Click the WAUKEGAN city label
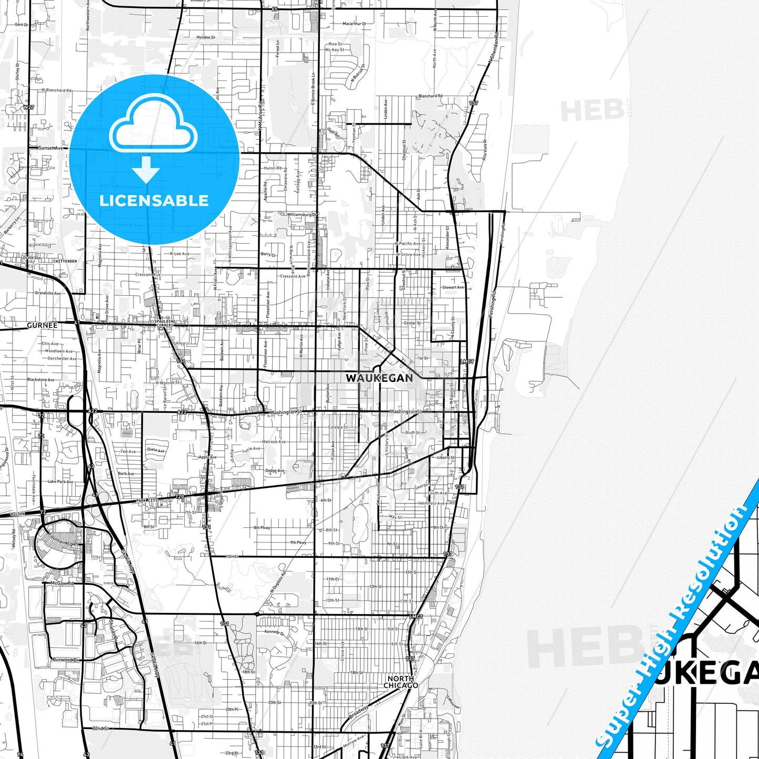click(379, 378)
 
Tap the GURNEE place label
click(42, 325)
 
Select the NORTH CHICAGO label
click(401, 682)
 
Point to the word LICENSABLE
click(154, 201)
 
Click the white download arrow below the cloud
click(146, 169)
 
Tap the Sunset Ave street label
click(50, 148)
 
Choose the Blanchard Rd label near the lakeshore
click(430, 96)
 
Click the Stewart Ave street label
click(453, 287)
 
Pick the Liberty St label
click(446, 458)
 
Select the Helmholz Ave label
click(431, 503)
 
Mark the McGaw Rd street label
click(62, 583)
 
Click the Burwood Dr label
click(65, 659)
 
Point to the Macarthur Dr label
click(355, 24)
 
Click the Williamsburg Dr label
click(302, 214)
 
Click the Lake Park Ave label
click(60, 481)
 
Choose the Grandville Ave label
click(48, 293)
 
